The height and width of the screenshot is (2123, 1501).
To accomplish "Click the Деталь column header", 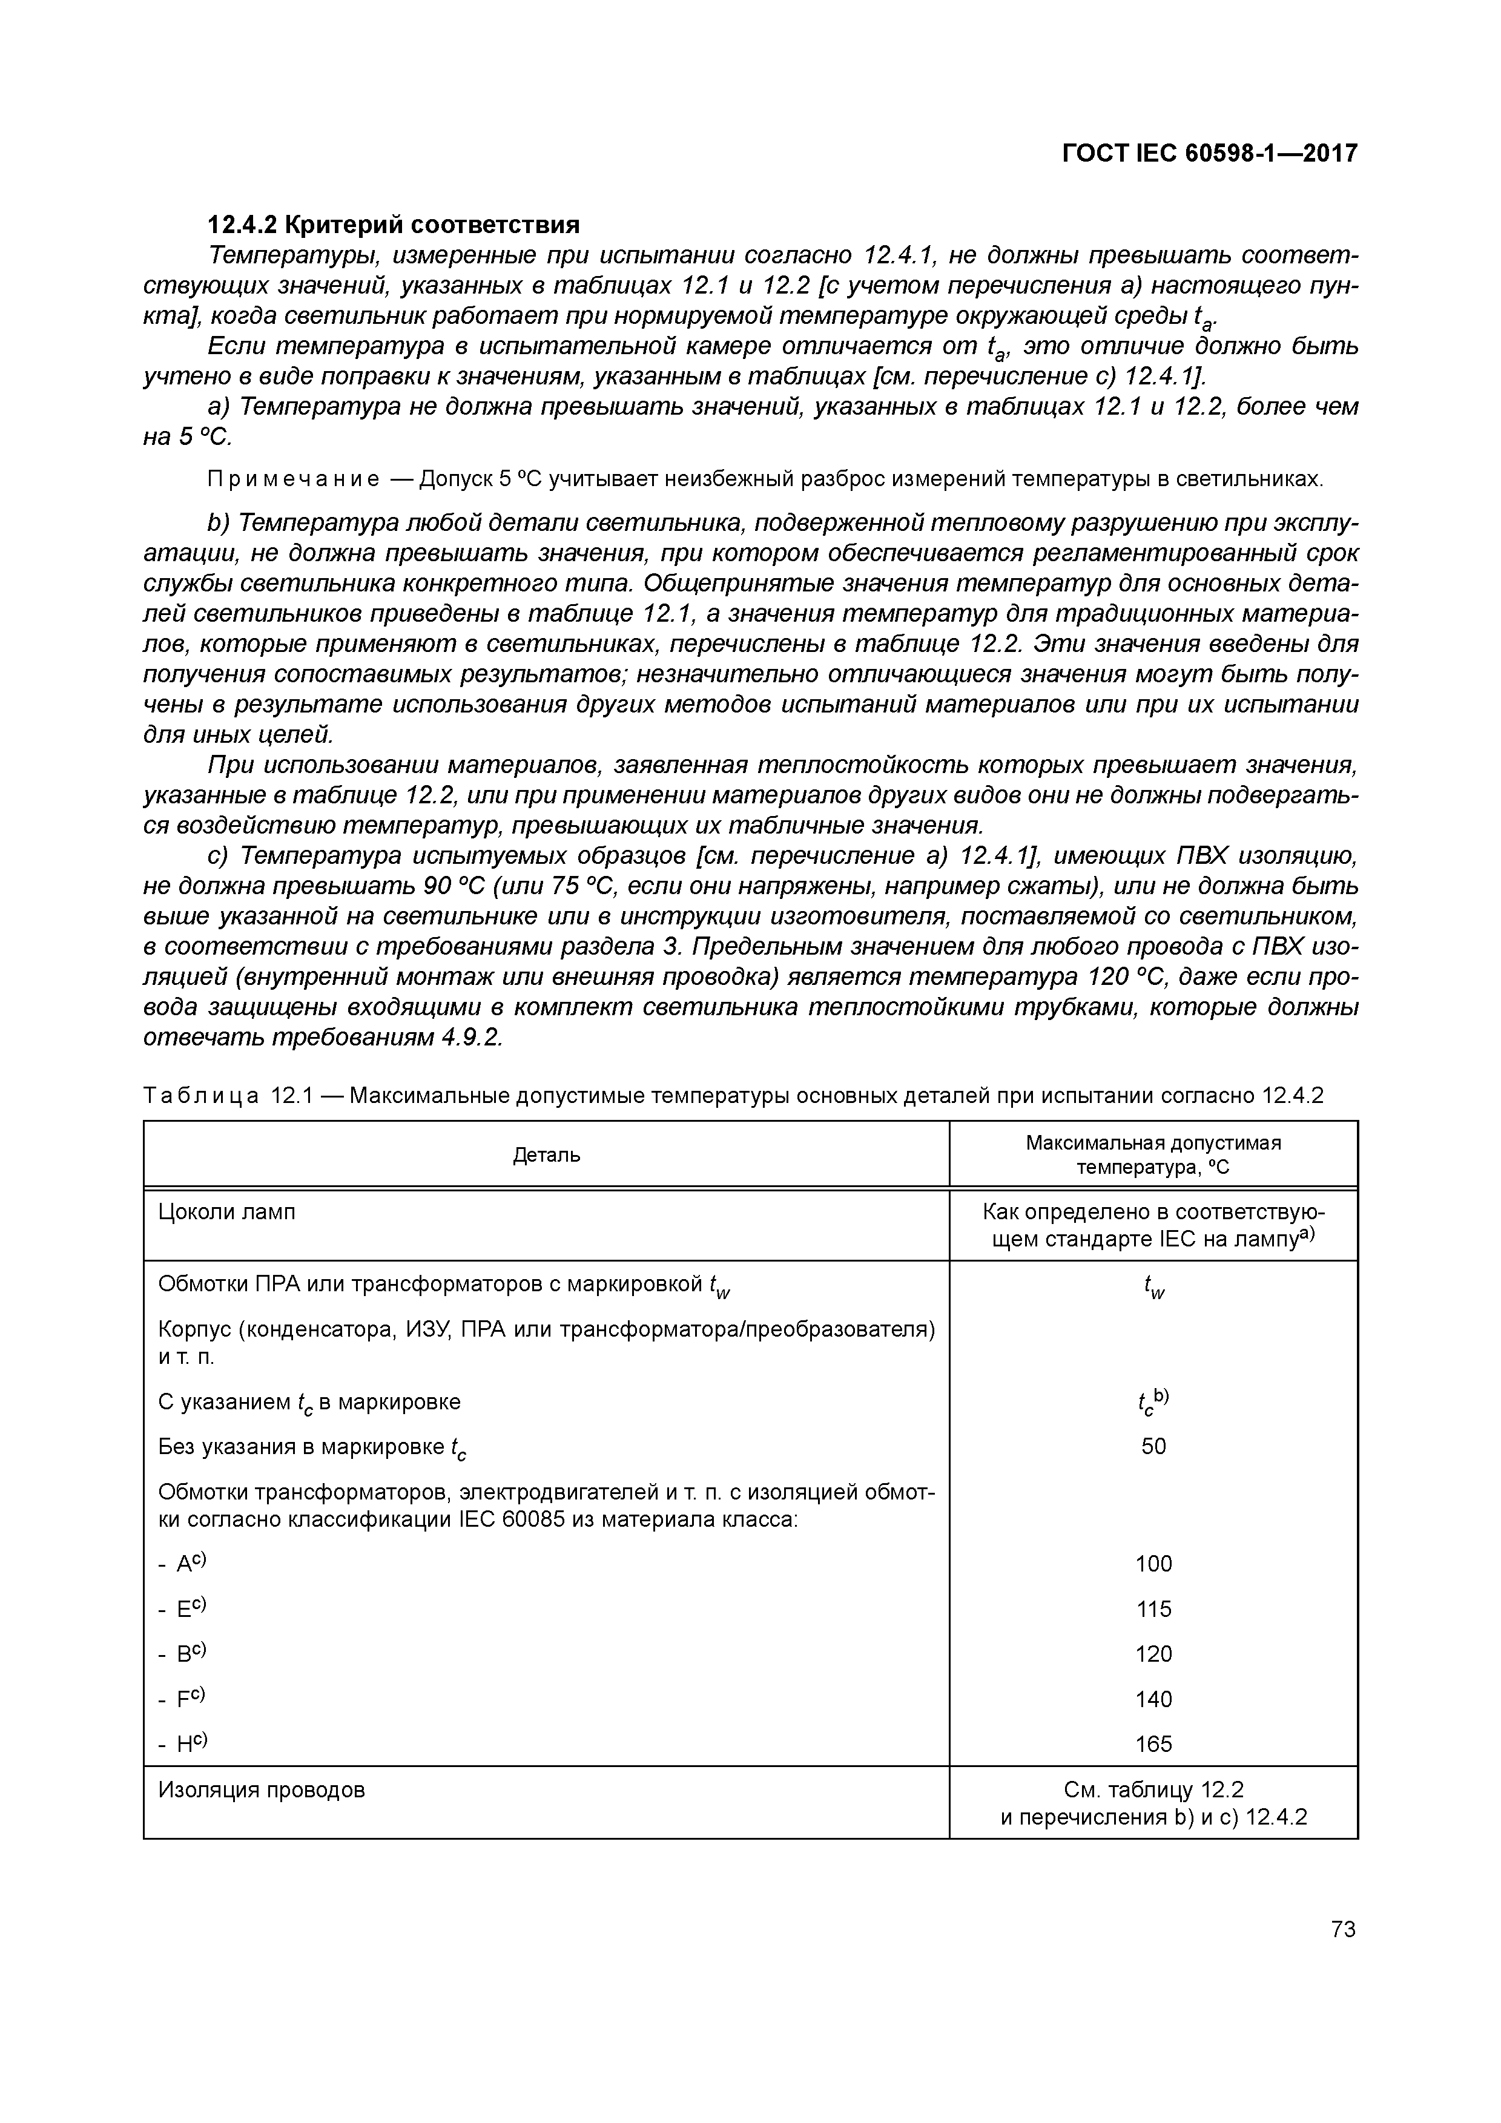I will point(547,1155).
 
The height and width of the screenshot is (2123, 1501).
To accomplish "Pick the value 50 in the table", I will point(1153,1446).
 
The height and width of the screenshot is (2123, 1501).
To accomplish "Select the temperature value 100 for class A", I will point(1153,1564).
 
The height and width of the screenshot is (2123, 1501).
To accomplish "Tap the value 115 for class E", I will point(1153,1609).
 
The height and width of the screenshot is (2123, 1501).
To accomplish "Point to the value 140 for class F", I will point(1153,1699).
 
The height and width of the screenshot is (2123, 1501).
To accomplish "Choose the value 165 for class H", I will point(1153,1744).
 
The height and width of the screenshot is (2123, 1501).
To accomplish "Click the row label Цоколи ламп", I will point(228,1212).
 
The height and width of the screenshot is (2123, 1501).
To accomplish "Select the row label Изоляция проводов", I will point(262,1790).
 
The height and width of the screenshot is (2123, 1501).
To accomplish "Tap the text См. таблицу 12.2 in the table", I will point(1153,1790).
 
